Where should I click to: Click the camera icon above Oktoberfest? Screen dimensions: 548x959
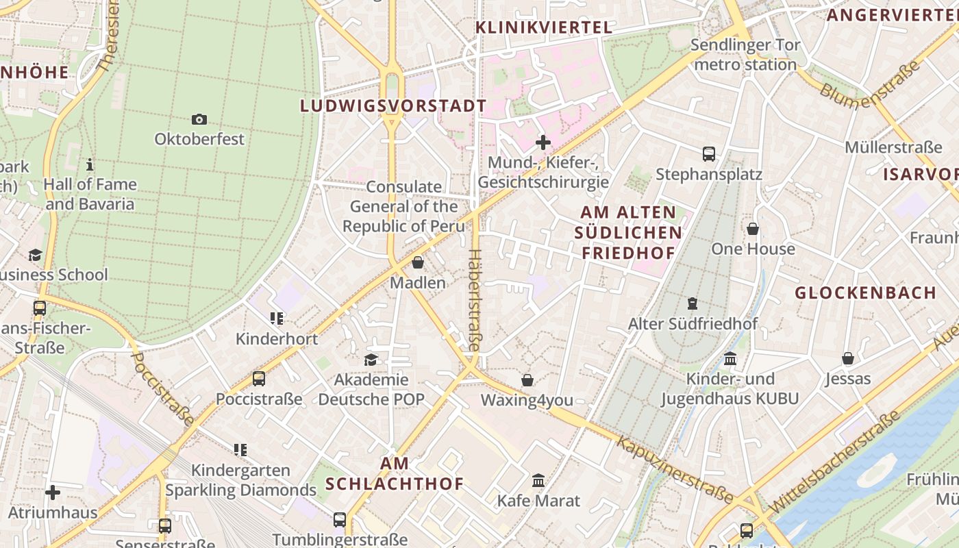199,119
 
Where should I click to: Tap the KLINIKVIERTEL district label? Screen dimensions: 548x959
544,27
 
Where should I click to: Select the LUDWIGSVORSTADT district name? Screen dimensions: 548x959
393,106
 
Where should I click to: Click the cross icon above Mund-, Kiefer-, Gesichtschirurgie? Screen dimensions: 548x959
543,142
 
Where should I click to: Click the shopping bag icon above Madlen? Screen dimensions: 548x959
418,262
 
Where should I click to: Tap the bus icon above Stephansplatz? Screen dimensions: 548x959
709,154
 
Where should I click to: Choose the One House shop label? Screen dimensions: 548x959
753,249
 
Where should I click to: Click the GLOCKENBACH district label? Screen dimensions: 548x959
865,293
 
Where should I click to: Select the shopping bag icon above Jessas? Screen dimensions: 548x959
848,358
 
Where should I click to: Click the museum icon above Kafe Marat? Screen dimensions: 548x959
538,481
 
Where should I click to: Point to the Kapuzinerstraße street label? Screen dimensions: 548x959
674,468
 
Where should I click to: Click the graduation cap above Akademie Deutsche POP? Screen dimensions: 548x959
371,360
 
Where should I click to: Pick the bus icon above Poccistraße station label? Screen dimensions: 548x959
259,379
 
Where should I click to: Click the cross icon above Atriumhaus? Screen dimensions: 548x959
53,493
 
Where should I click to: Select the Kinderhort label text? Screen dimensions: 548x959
277,339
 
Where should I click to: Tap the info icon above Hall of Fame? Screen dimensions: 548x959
90,164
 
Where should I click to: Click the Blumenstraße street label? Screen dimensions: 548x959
869,85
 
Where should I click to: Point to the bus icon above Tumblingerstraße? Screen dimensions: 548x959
340,520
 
